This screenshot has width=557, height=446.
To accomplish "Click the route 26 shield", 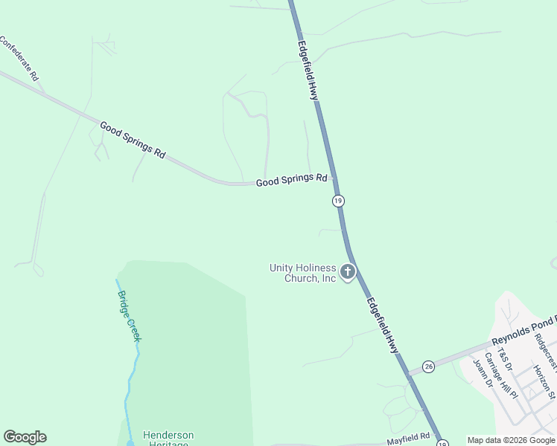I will coord(428,366).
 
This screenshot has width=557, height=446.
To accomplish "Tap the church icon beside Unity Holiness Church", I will coord(347,273).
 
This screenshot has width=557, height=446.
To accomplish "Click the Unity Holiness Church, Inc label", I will coord(303,273).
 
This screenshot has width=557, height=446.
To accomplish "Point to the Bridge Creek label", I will coord(128,315).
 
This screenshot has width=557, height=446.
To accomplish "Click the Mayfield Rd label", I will coord(408,440).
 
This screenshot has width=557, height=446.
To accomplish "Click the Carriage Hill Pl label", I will coord(501,375).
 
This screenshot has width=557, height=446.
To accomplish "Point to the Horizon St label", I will coord(544,378).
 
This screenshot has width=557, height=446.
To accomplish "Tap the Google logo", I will coord(25,437).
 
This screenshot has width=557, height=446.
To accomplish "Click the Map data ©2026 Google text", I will coord(511,440).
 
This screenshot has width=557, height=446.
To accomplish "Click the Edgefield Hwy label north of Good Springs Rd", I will coord(308,70).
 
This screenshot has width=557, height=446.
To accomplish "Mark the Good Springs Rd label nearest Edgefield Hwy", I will coord(292,180).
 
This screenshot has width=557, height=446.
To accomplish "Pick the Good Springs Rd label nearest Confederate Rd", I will coord(133,140).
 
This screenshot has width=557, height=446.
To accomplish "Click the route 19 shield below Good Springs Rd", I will coord(338,201).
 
